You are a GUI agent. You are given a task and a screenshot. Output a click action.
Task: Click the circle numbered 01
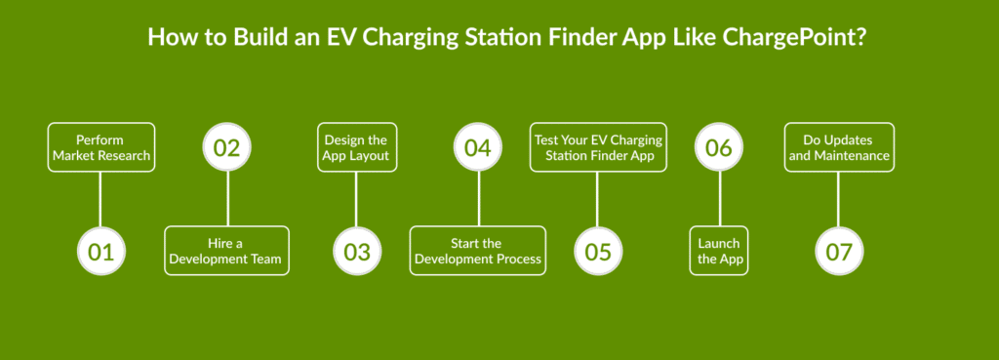(x=101, y=251)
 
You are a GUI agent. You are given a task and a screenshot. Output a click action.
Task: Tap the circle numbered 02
(x=226, y=147)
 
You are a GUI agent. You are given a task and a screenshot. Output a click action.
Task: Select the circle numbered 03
(x=357, y=251)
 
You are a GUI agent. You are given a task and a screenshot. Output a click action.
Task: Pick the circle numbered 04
(x=478, y=147)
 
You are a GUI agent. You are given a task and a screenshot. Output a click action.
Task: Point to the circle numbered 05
(x=598, y=251)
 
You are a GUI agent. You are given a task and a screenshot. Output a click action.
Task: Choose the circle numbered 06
(x=719, y=147)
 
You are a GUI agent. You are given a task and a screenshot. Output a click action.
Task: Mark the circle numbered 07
(x=838, y=251)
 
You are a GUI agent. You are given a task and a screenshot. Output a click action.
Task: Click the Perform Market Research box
(x=101, y=147)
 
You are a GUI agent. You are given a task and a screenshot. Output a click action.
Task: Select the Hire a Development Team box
(x=226, y=251)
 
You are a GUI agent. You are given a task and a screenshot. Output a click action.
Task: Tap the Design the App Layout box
(x=357, y=147)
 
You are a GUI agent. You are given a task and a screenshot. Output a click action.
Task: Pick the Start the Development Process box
(x=478, y=251)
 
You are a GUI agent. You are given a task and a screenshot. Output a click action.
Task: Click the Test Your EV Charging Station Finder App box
(x=598, y=147)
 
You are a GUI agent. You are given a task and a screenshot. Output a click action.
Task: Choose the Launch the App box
(x=719, y=251)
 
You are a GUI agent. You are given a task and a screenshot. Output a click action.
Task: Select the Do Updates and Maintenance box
(x=839, y=147)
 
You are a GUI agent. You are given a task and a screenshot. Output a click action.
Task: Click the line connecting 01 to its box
(x=100, y=199)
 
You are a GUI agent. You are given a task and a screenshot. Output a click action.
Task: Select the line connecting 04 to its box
(x=478, y=199)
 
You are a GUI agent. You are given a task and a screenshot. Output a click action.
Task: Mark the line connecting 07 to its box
(x=838, y=199)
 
